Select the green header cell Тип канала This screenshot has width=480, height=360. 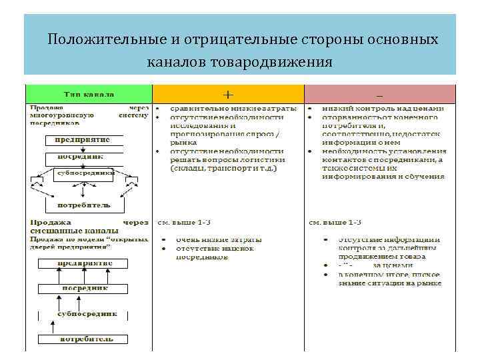[89, 93]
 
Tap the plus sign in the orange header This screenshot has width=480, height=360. [228, 93]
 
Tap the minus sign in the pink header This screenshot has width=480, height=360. [379, 93]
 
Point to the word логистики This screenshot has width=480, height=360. [263, 159]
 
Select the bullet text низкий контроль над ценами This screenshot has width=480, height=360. [380, 107]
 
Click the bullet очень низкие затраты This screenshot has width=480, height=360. [215, 239]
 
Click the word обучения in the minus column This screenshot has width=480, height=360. [427, 177]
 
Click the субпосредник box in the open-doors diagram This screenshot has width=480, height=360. [87, 313]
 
